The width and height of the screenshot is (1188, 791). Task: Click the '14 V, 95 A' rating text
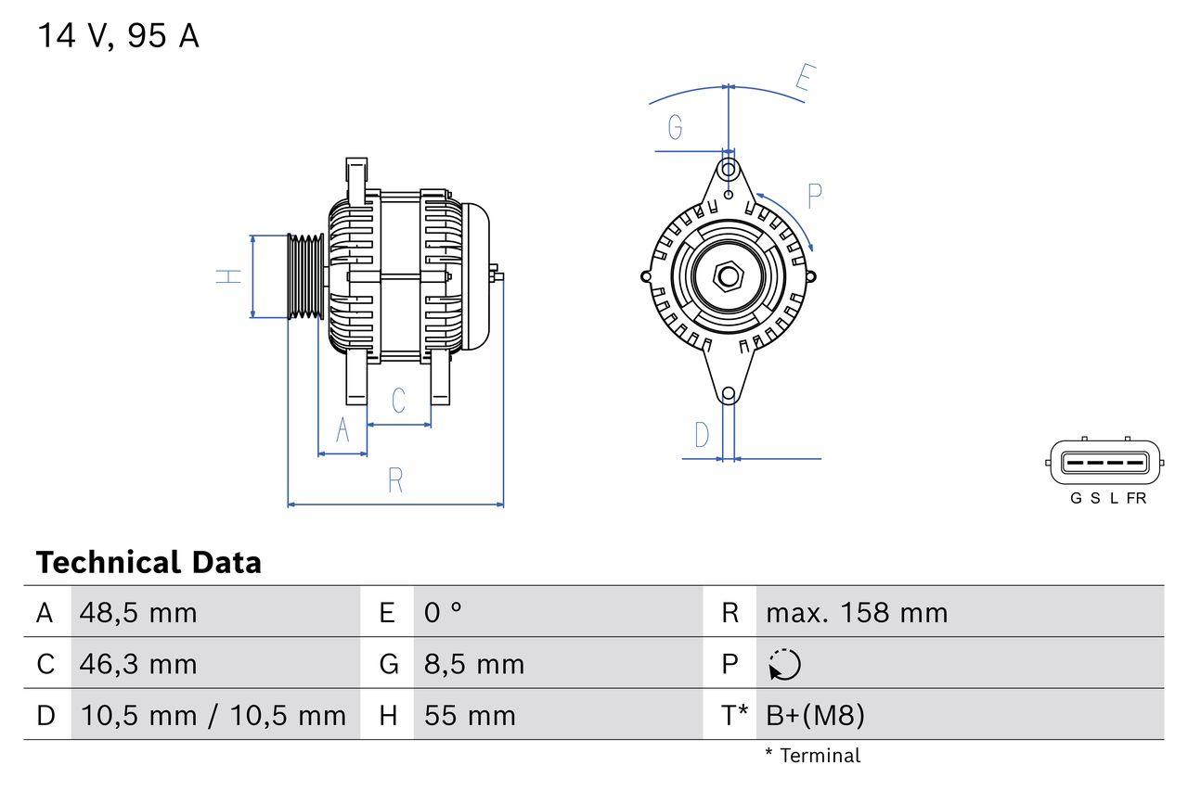tap(118, 36)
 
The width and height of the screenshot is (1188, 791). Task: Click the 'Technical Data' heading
tap(148, 563)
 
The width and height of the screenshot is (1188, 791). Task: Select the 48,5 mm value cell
tap(138, 613)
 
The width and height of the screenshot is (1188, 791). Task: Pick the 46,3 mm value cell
tap(138, 664)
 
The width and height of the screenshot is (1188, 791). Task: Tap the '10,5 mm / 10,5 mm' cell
tap(213, 715)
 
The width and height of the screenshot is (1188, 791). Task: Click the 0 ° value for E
tap(443, 613)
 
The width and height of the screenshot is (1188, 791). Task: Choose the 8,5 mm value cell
tap(474, 664)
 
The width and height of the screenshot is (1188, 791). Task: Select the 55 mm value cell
tap(470, 715)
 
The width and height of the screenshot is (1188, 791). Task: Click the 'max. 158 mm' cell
tap(856, 613)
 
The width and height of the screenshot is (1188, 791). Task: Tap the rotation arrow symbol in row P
tap(784, 665)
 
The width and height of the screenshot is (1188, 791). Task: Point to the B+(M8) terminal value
tap(815, 715)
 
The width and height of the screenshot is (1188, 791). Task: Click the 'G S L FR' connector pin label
tap(1108, 498)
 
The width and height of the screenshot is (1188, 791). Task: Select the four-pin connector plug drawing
tap(1104, 461)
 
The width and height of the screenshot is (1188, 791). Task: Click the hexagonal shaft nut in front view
tap(729, 276)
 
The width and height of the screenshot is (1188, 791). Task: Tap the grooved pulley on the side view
tap(304, 276)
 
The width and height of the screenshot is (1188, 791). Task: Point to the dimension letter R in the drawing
tap(395, 480)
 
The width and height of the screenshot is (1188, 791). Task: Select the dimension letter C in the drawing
tap(398, 401)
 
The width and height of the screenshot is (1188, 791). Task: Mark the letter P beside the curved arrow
tap(814, 196)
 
